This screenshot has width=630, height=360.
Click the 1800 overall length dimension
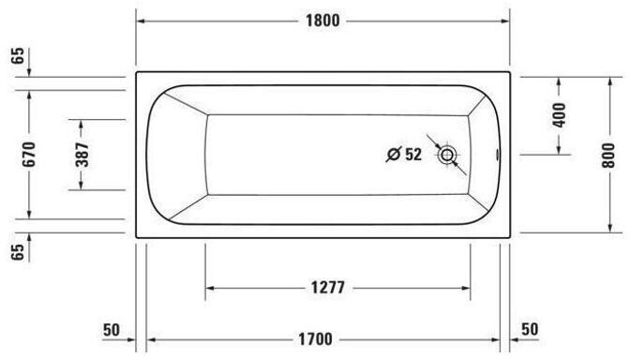(x=322, y=21)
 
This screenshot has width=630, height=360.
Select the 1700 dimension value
(x=315, y=339)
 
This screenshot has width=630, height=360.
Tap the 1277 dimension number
(x=328, y=288)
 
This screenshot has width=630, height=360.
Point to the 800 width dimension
(x=609, y=156)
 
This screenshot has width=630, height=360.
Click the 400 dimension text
(x=559, y=115)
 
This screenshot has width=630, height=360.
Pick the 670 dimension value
(x=29, y=155)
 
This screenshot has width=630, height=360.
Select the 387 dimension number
(x=82, y=155)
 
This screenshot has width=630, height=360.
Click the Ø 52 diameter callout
(x=404, y=155)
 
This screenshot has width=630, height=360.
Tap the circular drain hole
(x=447, y=155)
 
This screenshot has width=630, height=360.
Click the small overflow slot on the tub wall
(x=499, y=155)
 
